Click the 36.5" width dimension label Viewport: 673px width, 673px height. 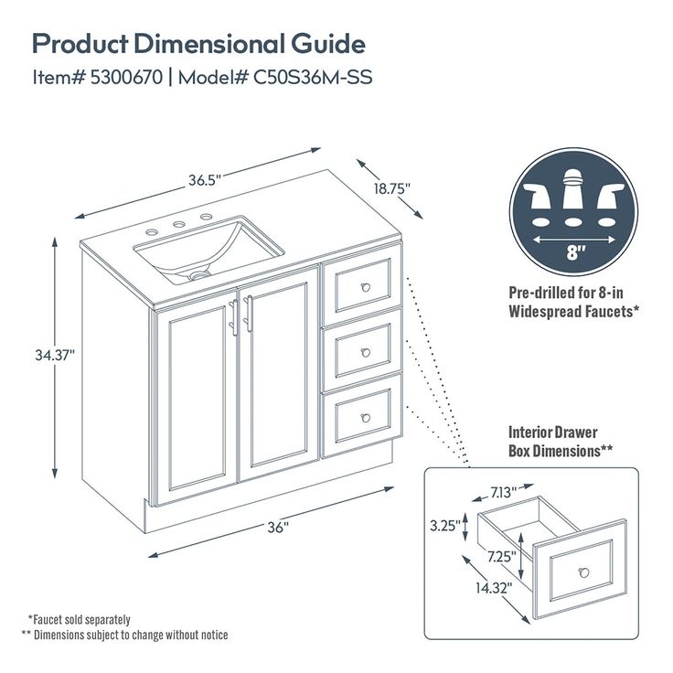(x=206, y=180)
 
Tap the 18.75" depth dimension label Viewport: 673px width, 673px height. (x=391, y=188)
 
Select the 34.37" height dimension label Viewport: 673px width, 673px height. (x=54, y=353)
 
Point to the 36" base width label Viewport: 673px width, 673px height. (x=278, y=528)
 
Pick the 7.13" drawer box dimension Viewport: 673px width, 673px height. (x=502, y=492)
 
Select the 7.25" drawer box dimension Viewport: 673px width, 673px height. (x=501, y=556)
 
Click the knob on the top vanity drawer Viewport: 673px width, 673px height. (x=367, y=286)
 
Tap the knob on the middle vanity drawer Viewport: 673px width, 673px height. (x=366, y=352)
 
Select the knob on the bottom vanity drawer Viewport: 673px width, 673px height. (x=366, y=417)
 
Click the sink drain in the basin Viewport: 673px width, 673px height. (x=199, y=273)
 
